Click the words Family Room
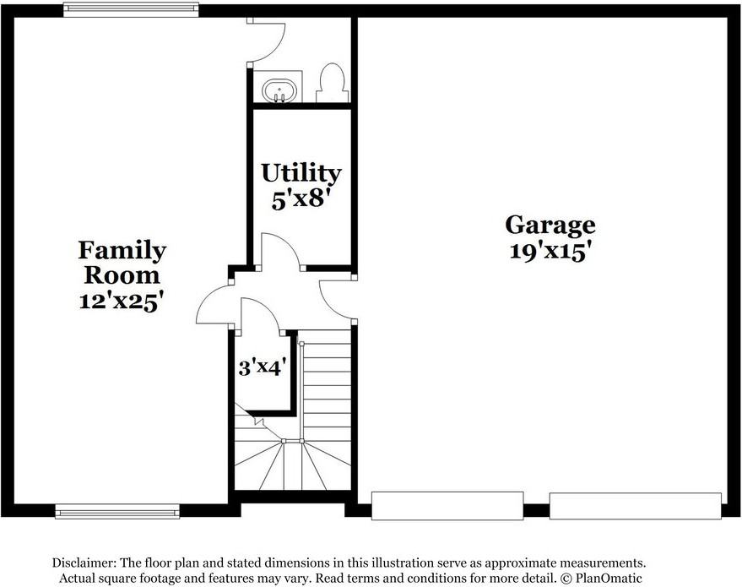point(122,263)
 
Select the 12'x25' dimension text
point(122,301)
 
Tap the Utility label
point(301,173)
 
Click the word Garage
point(550,225)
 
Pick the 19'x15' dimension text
point(550,251)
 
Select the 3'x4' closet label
point(263,368)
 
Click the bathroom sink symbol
point(278,90)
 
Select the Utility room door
point(282,253)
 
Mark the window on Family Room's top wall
point(131,10)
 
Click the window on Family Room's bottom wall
point(117,511)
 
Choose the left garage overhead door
point(447,506)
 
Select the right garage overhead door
point(635,506)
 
